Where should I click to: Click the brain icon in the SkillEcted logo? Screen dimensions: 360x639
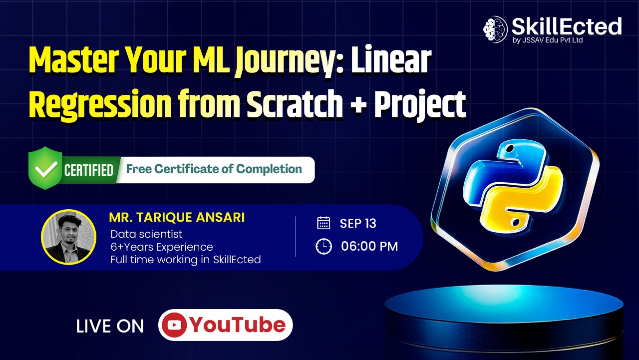click(x=496, y=29)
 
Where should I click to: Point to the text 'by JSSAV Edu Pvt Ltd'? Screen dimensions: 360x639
click(x=548, y=40)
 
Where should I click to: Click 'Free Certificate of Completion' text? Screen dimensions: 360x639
click(x=214, y=169)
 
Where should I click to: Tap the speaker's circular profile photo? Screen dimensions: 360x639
click(x=68, y=237)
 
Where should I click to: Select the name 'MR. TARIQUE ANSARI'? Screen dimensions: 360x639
click(x=177, y=218)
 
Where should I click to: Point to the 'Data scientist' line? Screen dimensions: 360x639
click(x=146, y=234)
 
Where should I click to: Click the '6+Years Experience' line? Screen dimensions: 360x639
click(x=162, y=247)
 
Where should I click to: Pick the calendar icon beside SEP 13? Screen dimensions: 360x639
click(x=323, y=223)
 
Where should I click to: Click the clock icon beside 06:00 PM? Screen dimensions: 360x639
click(x=324, y=246)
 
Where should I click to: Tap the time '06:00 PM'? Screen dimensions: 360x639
click(x=369, y=246)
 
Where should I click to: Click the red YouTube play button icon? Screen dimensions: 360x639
click(x=174, y=326)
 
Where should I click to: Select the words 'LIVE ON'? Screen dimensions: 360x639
click(x=110, y=327)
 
